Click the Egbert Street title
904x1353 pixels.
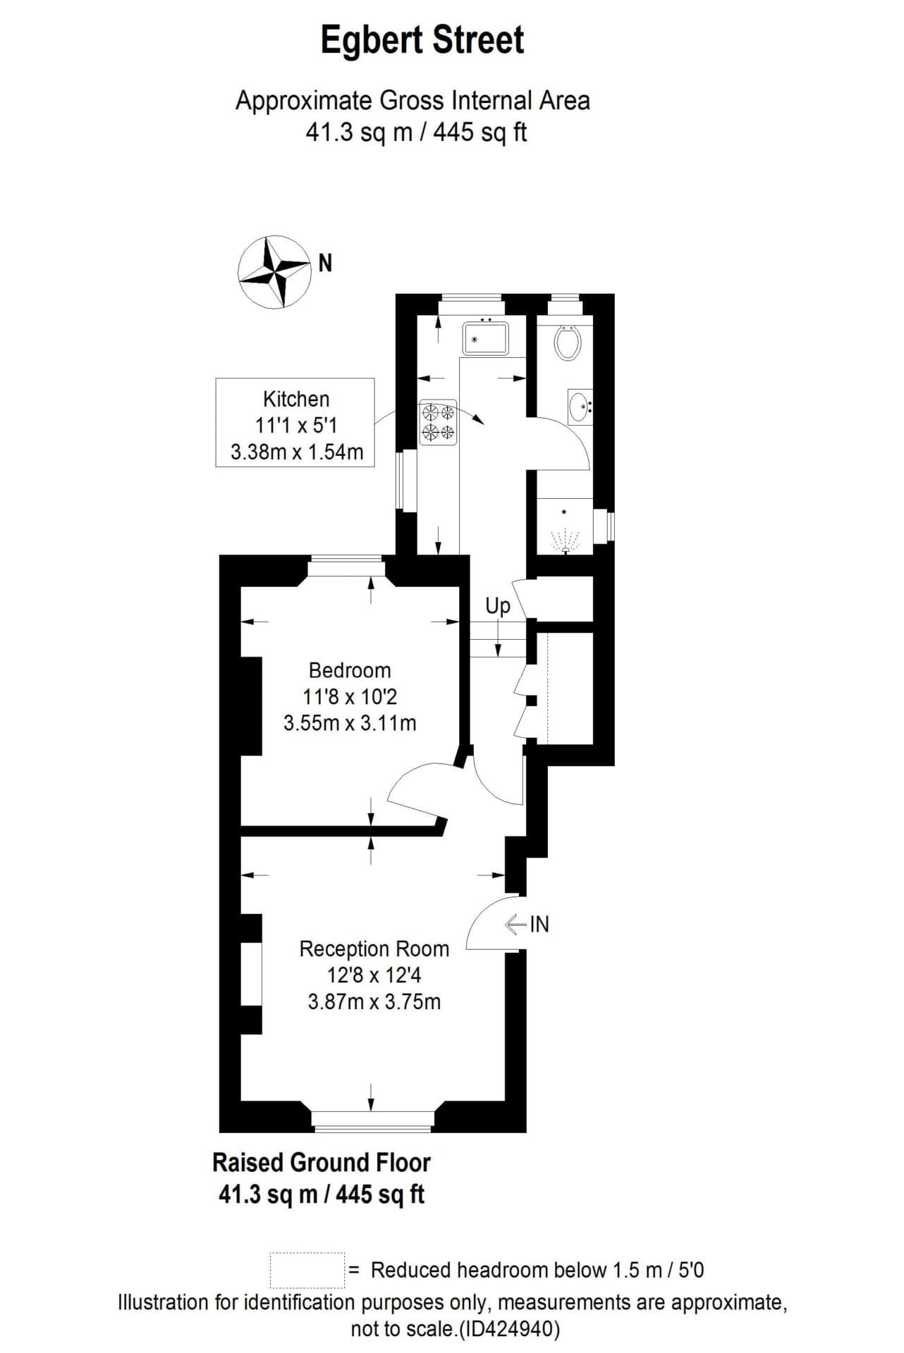[x=422, y=40]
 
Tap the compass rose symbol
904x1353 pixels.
[x=274, y=272]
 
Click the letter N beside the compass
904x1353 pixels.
[x=325, y=264]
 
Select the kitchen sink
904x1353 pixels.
[x=485, y=338]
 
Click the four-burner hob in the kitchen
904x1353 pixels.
[x=439, y=423]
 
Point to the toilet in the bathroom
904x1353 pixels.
[x=568, y=342]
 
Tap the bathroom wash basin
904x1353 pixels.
[x=580, y=406]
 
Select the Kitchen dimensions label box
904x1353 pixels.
[x=295, y=424]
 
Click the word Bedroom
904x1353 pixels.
[x=350, y=670]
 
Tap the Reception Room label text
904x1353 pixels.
[x=374, y=949]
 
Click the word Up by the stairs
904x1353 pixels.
[x=497, y=606]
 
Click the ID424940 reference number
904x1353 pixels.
[x=510, y=1330]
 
